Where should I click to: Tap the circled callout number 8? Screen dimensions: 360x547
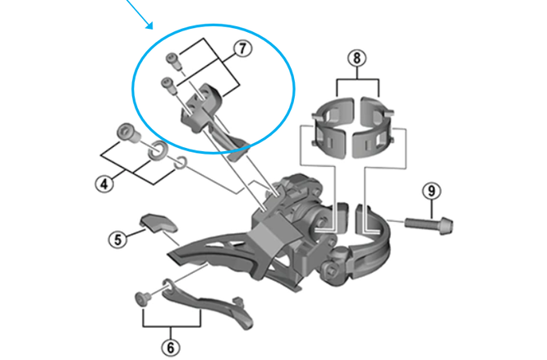[356, 58]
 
